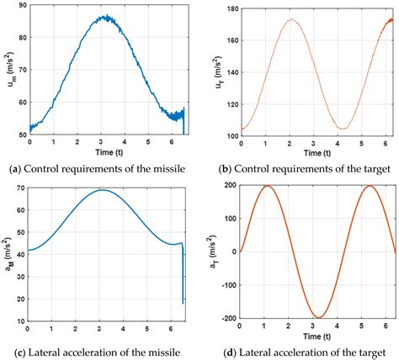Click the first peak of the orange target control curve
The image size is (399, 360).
tap(290, 19)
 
